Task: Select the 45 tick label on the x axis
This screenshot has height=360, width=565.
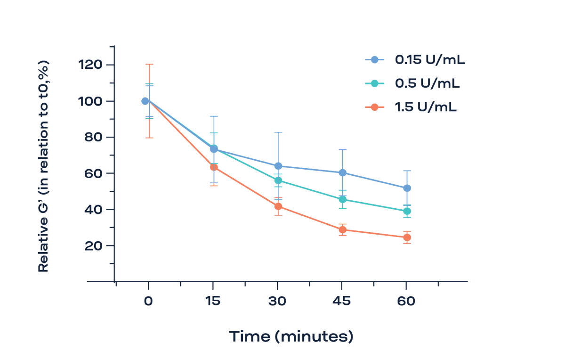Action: coord(342,301)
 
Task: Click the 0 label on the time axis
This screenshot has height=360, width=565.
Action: coord(148,301)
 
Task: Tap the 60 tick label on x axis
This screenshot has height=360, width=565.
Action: coord(406,301)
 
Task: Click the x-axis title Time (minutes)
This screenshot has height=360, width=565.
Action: coord(291,336)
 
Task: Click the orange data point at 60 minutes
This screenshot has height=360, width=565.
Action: coord(406,237)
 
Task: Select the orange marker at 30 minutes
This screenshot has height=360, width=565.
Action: coord(278,206)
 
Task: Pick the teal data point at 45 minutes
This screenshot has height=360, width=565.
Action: coord(342,199)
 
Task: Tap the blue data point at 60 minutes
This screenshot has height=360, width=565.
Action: coord(407,188)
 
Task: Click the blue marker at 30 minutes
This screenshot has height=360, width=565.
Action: coord(278,166)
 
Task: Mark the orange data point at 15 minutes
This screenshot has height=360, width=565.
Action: coord(213,167)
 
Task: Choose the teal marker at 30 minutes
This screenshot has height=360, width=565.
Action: coord(278,180)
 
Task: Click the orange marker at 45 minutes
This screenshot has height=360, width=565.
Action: coord(342,230)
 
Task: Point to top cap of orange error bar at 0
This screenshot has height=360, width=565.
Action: coord(149,65)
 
